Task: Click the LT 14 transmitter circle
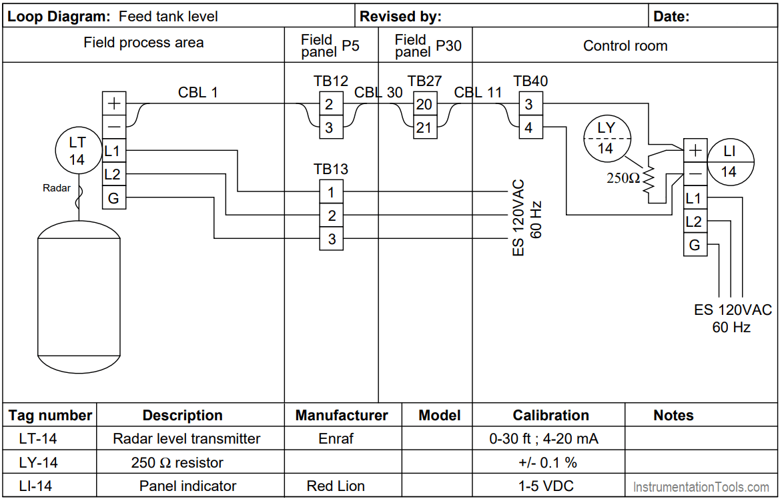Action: coord(77,151)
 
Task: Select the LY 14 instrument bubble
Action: coord(605,137)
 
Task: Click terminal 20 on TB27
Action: coord(424,104)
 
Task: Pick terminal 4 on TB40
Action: coord(529,127)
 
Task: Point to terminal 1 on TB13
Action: coord(332,192)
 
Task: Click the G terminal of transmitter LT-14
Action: coord(113,197)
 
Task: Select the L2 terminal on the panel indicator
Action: coord(695,221)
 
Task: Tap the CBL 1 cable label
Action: coord(198,93)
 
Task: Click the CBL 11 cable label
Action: coord(478,93)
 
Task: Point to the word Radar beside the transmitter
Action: coord(57,188)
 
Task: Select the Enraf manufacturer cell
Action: coord(336,439)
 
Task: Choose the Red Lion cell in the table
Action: coord(336,486)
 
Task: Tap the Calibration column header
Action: coord(550,416)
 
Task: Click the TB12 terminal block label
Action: coord(331,81)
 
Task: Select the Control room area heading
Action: coord(625,46)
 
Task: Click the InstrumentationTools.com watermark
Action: coord(701,488)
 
